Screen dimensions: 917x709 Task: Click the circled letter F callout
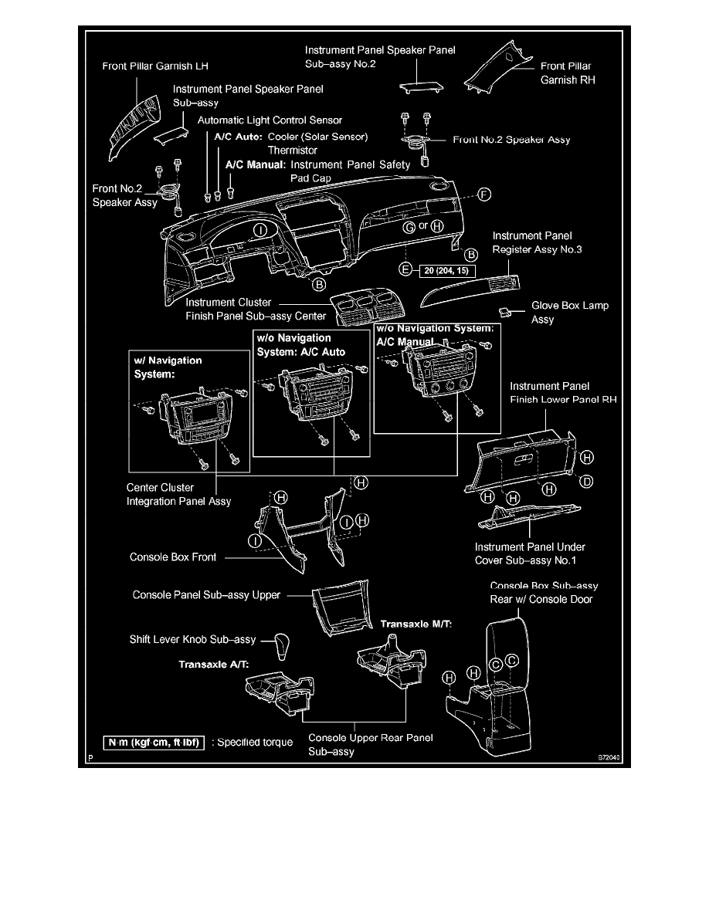click(x=484, y=194)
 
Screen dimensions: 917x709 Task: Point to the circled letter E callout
click(x=404, y=270)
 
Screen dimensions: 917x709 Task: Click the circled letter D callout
click(x=587, y=482)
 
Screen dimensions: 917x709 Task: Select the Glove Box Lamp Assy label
click(x=570, y=312)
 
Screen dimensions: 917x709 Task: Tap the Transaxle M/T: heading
click(x=416, y=622)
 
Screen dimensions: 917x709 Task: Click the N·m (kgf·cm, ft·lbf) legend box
click(x=154, y=743)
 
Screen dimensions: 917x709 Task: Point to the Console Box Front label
click(x=173, y=557)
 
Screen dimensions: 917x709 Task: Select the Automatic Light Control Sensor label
click(x=270, y=120)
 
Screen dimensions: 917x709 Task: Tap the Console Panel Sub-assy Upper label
click(x=206, y=595)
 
